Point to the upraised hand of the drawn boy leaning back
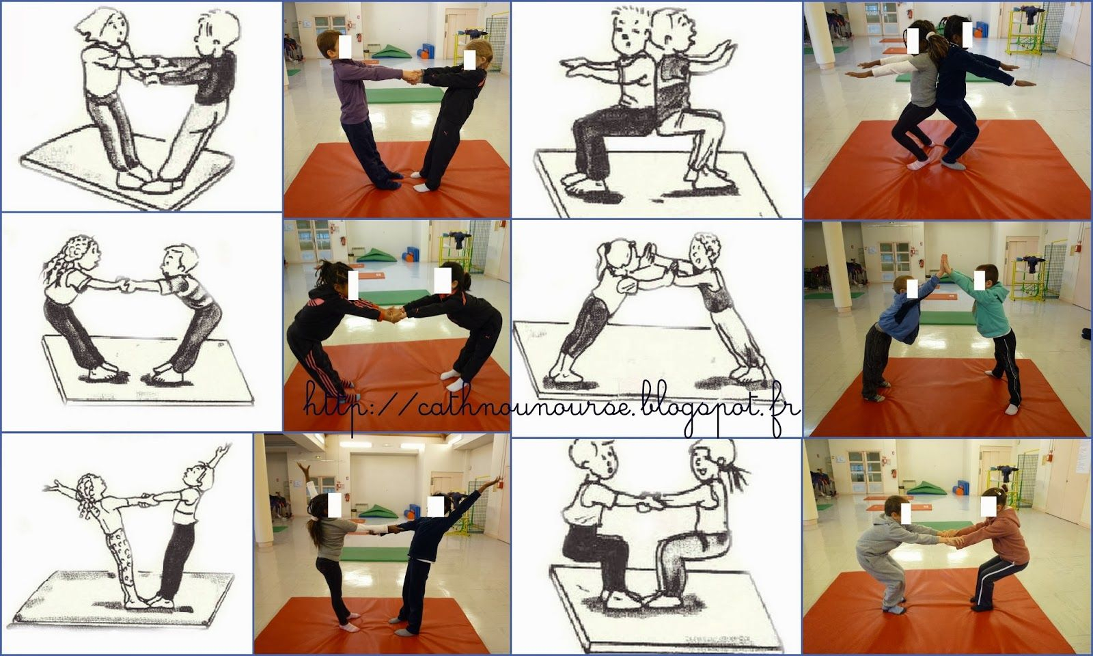(x=221, y=449)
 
